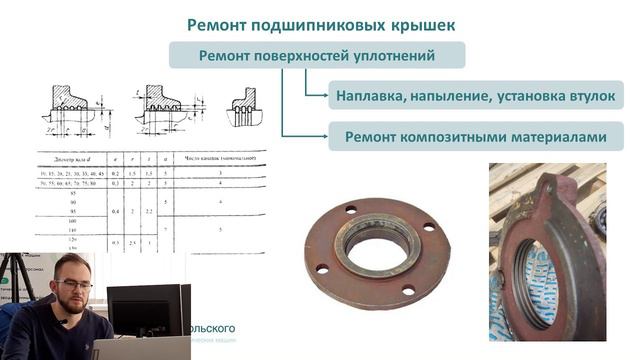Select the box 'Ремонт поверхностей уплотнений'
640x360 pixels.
[316, 55]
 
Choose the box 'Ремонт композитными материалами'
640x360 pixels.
[476, 136]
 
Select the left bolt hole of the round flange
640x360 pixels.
[322, 268]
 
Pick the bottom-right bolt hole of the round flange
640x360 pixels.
[409, 290]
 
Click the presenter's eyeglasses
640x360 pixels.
[74, 283]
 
